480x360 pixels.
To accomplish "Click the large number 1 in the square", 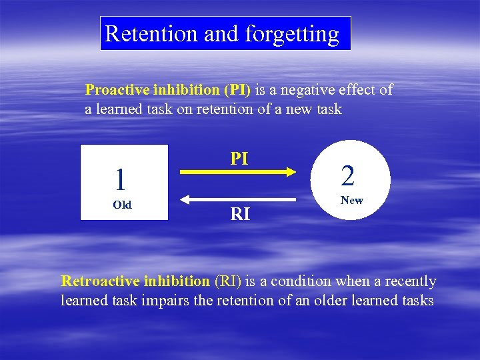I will tap(120, 179).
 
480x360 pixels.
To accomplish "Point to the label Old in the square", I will tap(122, 205).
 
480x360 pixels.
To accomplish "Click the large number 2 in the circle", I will tap(348, 175).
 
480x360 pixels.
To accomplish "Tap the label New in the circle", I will tap(351, 200).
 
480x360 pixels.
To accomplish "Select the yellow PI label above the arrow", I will tap(239, 158).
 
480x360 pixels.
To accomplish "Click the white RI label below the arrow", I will tap(240, 213).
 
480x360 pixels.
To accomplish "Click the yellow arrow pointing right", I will tap(238, 173).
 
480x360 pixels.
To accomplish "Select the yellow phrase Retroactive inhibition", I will tap(135, 281).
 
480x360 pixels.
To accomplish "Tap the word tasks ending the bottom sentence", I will tap(416, 301).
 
